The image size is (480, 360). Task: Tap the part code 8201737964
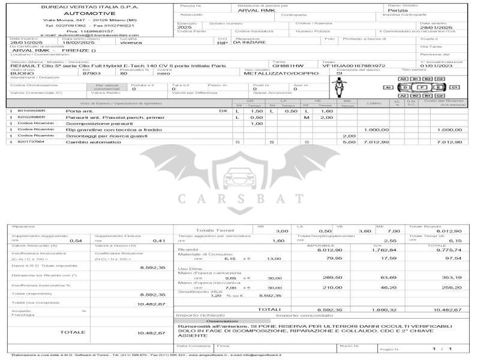(30, 142)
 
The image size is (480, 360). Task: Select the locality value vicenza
(131, 43)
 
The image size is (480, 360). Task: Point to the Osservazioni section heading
(223, 321)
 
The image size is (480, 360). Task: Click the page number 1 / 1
(442, 349)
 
